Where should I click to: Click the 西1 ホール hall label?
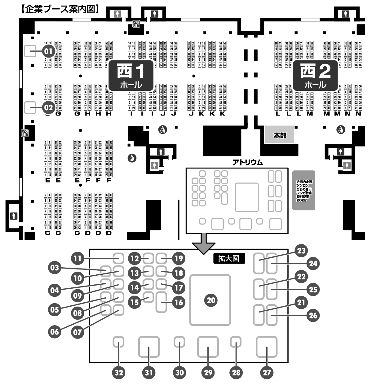(131, 75)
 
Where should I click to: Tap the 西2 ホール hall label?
(315, 75)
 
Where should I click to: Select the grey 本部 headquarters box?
(279, 135)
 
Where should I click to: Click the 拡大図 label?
(229, 258)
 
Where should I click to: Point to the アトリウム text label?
(247, 162)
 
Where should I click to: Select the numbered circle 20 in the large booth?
(211, 300)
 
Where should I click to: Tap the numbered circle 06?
(55, 332)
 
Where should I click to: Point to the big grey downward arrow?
(203, 243)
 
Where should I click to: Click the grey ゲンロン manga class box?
(303, 190)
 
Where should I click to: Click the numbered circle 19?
(178, 258)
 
